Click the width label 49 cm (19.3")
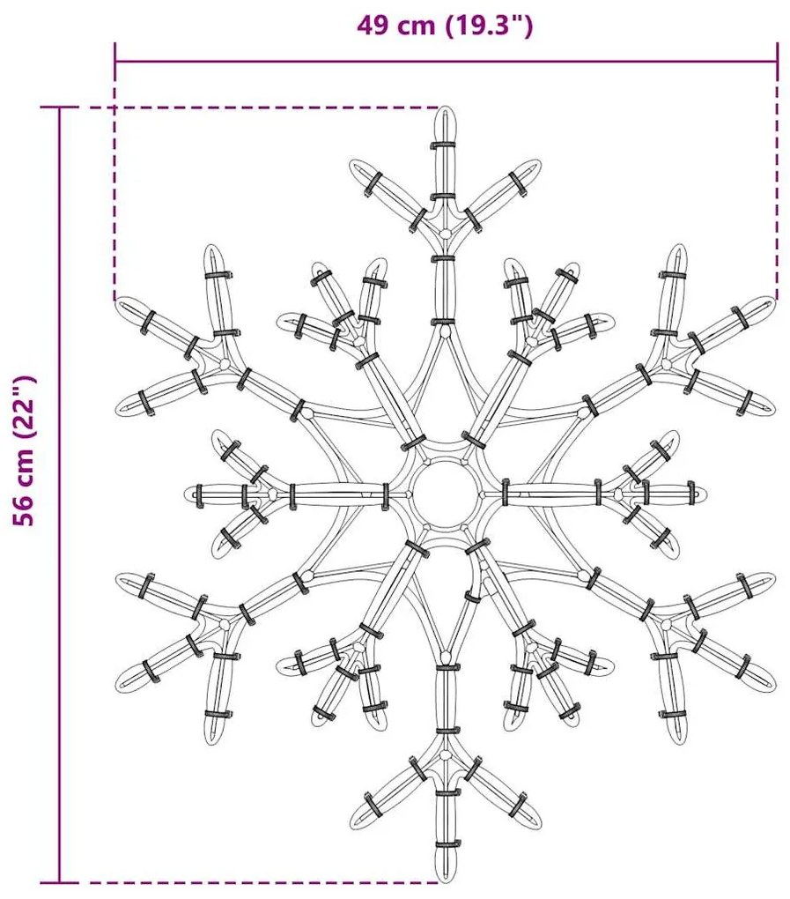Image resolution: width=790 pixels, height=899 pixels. tap(445, 26)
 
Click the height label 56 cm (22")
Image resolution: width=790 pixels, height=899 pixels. tap(25, 450)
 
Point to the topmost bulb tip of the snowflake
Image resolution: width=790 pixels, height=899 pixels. tap(445, 108)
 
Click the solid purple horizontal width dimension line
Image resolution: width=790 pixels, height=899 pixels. tap(447, 61)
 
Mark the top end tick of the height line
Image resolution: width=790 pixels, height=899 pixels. tap(60, 108)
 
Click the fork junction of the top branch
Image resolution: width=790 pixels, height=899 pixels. tap(445, 233)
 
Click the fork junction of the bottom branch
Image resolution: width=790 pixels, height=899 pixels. tap(445, 754)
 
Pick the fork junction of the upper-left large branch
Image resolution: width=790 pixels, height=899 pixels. tap(224, 364)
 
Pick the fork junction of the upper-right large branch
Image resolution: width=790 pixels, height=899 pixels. tap(666, 364)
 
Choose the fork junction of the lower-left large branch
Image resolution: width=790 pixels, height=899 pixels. tap(224, 623)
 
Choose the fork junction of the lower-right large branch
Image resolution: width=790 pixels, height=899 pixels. tap(666, 623)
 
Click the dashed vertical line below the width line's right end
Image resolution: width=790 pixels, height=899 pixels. tap(778, 181)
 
